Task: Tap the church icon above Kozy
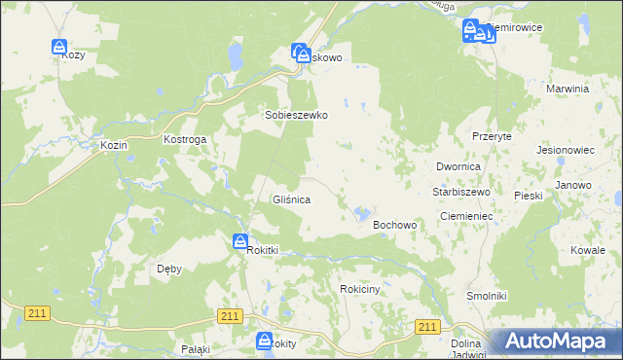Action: (x=59, y=46)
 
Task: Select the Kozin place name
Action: (x=114, y=144)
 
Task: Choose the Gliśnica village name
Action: (x=291, y=199)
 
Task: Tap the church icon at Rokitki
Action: (x=240, y=241)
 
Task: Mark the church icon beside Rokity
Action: (x=264, y=340)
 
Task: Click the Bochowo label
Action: (x=395, y=225)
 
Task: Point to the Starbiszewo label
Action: (x=460, y=192)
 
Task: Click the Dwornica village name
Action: (x=458, y=166)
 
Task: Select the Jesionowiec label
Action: (x=566, y=151)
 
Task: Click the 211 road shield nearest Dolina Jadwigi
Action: (x=427, y=327)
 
